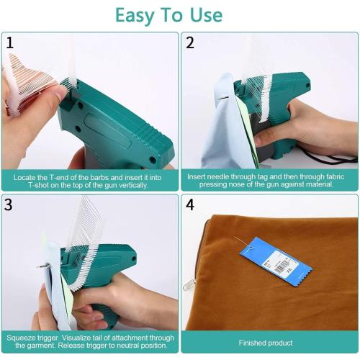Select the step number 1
pyautogui.click(x=10, y=42)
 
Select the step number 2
pyautogui.click(x=190, y=42)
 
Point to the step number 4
pyautogui.click(x=190, y=205)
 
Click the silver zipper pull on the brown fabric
pyautogui.click(x=189, y=286)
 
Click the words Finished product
pyautogui.click(x=269, y=342)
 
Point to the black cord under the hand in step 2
pyautogui.click(x=338, y=156)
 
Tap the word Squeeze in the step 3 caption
pyautogui.click(x=22, y=337)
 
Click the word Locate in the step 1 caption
pyautogui.click(x=22, y=176)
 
